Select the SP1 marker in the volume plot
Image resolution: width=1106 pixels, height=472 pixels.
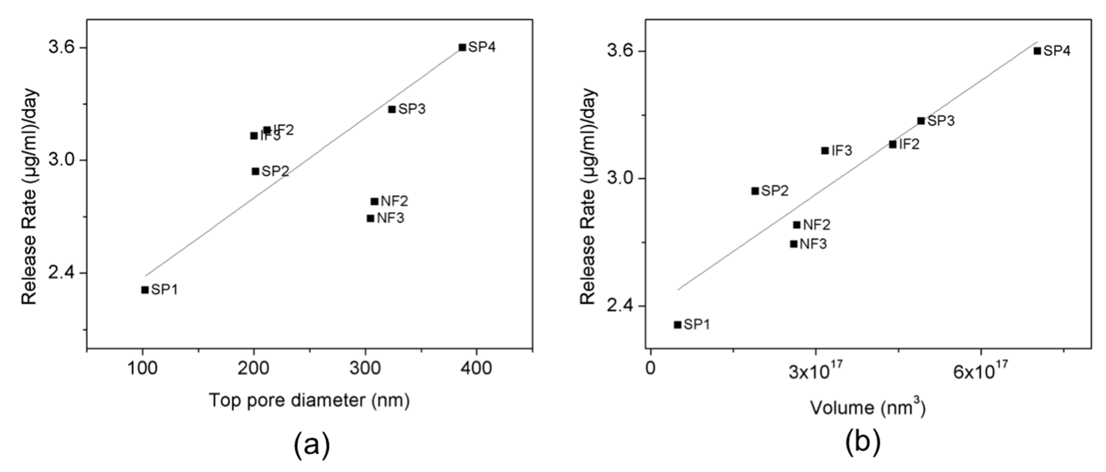[677, 325]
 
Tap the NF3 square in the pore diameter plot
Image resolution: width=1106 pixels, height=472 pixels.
[370, 218]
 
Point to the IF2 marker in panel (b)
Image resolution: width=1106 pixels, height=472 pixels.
[893, 144]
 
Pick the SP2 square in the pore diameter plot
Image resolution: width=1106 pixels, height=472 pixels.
[255, 171]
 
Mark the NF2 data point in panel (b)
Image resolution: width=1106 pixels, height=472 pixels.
[797, 225]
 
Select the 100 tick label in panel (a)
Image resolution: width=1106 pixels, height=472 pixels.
[143, 369]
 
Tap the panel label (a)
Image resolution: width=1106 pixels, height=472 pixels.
[312, 446]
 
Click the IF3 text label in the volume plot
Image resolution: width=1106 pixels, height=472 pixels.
[842, 151]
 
